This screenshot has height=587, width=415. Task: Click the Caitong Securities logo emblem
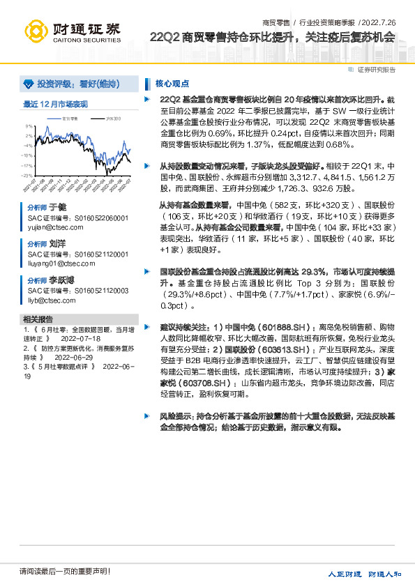tap(36, 31)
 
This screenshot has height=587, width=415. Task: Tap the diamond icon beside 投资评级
tap(28, 84)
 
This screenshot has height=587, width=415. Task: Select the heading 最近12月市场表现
tap(56, 104)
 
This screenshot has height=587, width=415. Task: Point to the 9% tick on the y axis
tap(30, 127)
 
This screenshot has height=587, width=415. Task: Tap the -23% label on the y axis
tap(27, 176)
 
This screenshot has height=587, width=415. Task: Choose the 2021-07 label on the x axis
tap(30, 186)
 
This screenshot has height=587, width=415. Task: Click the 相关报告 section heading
tap(36, 319)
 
